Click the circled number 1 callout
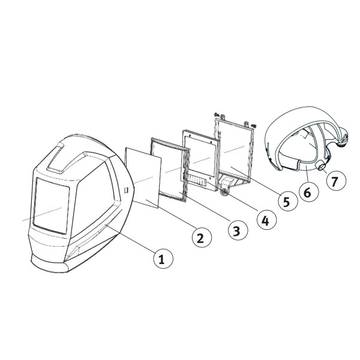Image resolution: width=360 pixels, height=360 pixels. [x=160, y=259]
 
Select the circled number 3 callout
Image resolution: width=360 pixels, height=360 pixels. [x=238, y=229]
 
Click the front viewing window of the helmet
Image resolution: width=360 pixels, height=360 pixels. [x=53, y=205]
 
